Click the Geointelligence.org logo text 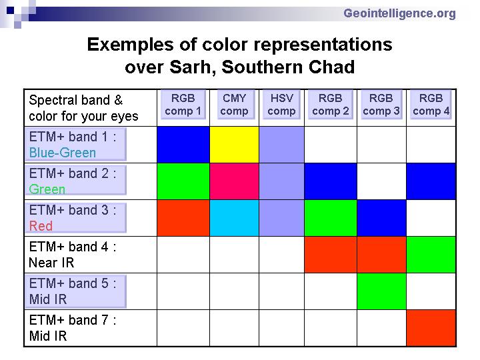399,14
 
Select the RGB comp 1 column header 183,105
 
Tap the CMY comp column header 234,105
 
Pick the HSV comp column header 281,105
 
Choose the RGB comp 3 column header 381,105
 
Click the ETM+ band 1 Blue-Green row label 75,145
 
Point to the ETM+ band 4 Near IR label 73,255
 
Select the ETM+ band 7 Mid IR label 73,328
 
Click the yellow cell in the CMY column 234,145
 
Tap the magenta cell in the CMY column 234,181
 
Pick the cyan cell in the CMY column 234,218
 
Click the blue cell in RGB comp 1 183,145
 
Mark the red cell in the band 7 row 431,328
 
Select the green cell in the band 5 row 381,291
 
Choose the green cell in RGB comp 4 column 431,255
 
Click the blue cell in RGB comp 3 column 381,218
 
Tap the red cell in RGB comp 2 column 331,255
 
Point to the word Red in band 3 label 41,226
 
